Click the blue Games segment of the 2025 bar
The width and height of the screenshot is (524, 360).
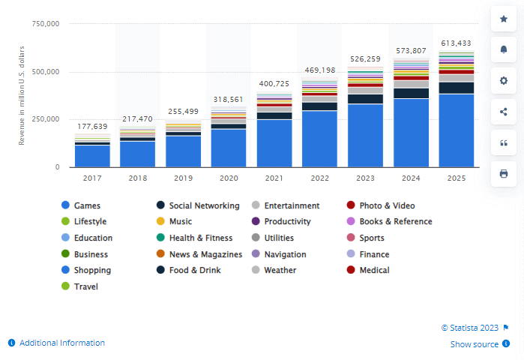click(457, 130)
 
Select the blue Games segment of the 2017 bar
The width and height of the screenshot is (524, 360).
click(92, 156)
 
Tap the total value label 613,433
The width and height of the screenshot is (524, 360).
click(457, 43)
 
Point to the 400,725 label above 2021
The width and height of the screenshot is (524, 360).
click(274, 83)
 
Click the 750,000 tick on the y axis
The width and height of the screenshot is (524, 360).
click(45, 24)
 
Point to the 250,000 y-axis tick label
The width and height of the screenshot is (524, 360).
click(45, 119)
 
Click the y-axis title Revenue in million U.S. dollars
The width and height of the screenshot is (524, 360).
click(22, 95)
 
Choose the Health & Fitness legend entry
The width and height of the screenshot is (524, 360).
click(201, 238)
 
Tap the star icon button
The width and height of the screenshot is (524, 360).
click(503, 19)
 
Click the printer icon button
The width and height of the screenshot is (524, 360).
click(503, 173)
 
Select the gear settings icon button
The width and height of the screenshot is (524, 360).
click(503, 80)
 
